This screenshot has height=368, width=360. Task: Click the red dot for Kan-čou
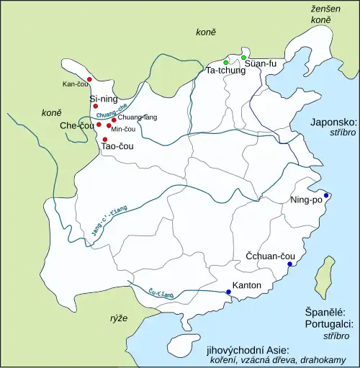pyautogui.click(x=89, y=79)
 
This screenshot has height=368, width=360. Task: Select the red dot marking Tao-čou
pyautogui.click(x=105, y=139)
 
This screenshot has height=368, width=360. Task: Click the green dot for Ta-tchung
pyautogui.click(x=226, y=63)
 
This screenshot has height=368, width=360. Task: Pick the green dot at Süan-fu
pyautogui.click(x=243, y=58)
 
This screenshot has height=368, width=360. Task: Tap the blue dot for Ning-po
pyautogui.click(x=326, y=196)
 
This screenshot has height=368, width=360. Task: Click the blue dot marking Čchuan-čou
pyautogui.click(x=289, y=264)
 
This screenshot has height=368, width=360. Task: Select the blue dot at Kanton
pyautogui.click(x=229, y=292)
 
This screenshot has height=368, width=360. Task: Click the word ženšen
pyautogui.click(x=320, y=8)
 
